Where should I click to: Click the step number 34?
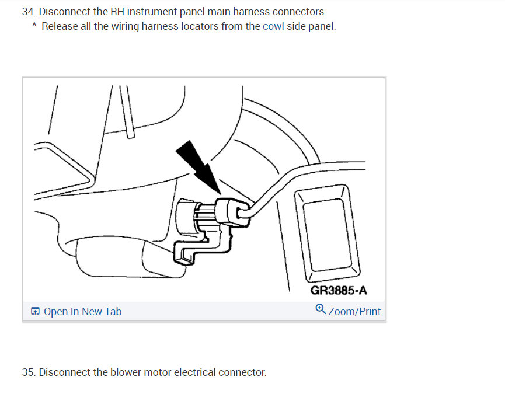pyautogui.click(x=28, y=12)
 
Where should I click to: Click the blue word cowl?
pyautogui.click(x=273, y=26)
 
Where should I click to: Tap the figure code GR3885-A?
pyautogui.click(x=339, y=290)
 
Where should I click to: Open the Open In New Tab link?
pyautogui.click(x=82, y=312)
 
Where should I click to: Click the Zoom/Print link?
pyautogui.click(x=354, y=312)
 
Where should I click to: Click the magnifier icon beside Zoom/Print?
pyautogui.click(x=321, y=310)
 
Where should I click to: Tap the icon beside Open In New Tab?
pyautogui.click(x=36, y=312)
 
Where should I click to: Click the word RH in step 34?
pyautogui.click(x=118, y=12)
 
